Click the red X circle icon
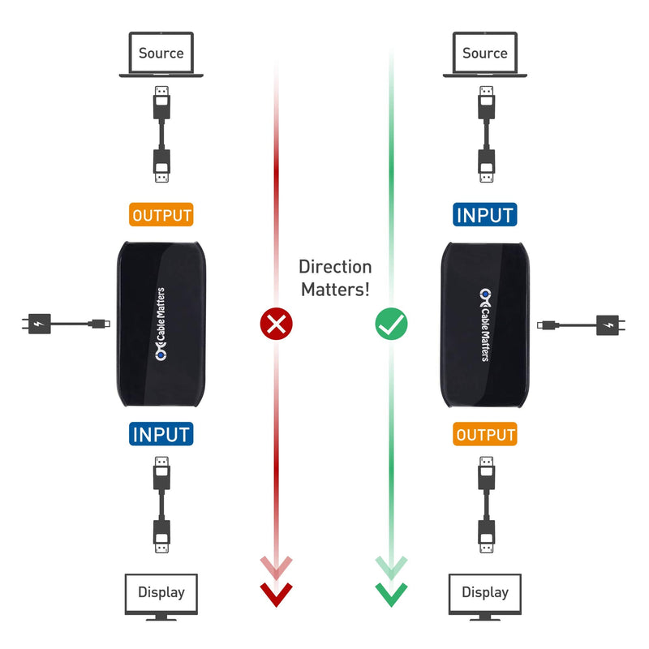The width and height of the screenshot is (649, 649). point(276,324)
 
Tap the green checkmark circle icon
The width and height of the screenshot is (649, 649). point(391,324)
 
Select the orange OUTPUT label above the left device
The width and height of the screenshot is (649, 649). point(161,215)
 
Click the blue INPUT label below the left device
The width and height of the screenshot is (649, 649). point(161,434)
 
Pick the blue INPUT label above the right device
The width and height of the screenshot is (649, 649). point(485,215)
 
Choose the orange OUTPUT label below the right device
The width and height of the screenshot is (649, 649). point(485,435)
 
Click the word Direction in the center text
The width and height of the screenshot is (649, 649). point(335,267)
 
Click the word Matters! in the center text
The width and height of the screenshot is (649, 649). point(335,290)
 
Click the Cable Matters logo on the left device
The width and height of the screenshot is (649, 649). point(161,324)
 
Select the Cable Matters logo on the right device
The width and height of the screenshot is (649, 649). point(485,324)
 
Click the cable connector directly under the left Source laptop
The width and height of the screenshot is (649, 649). point(161,101)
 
